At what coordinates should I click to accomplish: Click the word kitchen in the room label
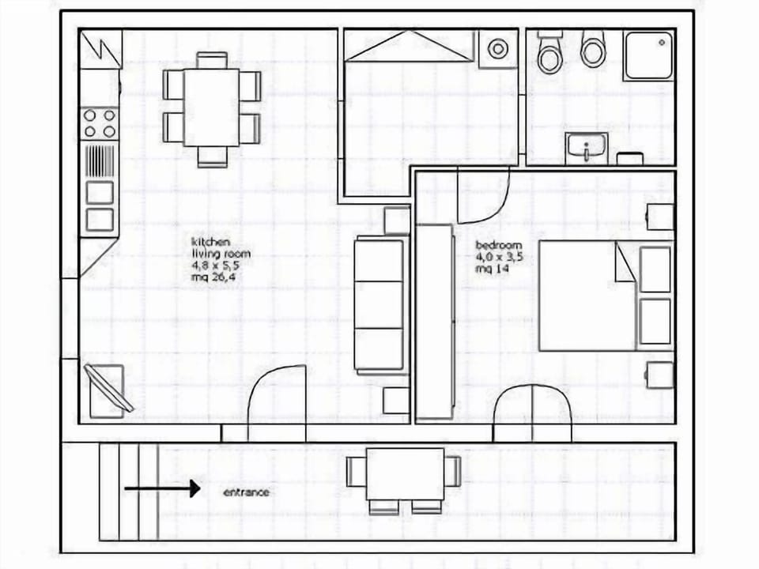tap(210, 242)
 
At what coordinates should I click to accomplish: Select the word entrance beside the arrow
tap(246, 492)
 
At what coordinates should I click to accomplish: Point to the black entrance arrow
tap(161, 489)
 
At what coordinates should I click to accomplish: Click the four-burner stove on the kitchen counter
tap(100, 123)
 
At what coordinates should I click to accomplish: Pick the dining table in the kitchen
tap(211, 107)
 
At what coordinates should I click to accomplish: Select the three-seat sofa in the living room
tap(379, 304)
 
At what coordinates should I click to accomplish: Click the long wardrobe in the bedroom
tap(435, 321)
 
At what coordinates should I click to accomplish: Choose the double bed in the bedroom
tap(605, 296)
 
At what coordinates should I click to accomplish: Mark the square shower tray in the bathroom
tap(648, 55)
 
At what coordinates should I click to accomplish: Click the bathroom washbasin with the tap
tap(586, 147)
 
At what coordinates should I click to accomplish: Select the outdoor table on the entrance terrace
tap(405, 474)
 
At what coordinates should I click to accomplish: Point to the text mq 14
tap(491, 269)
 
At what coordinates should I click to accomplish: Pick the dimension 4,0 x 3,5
tap(500, 257)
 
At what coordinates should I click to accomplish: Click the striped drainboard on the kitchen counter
tap(100, 160)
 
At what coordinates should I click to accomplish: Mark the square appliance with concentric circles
tap(497, 49)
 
